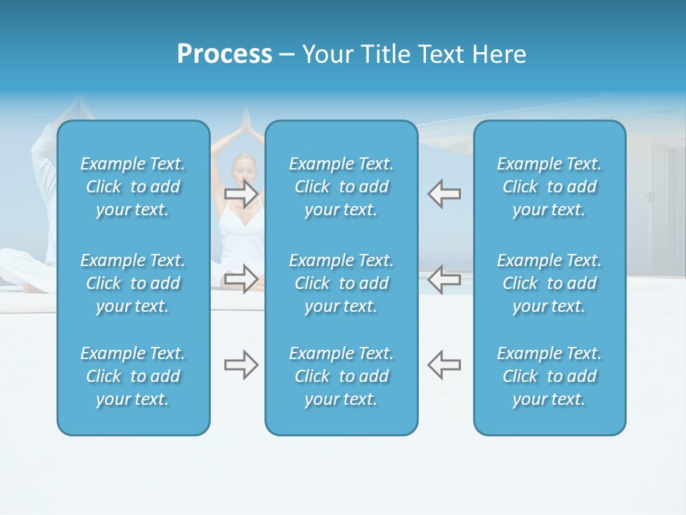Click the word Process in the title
[224, 54]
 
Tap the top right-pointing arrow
[241, 193]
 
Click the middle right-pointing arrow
[241, 279]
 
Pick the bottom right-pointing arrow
[241, 365]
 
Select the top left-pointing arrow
[444, 193]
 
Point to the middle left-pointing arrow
[444, 279]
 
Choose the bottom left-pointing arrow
[444, 365]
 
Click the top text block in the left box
[133, 187]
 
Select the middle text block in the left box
[133, 283]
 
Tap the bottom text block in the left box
[133, 376]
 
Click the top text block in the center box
[342, 187]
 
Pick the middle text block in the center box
[342, 283]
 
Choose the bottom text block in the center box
[342, 376]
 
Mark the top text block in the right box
[550, 187]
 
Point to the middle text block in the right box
[550, 283]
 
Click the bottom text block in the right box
[550, 376]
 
